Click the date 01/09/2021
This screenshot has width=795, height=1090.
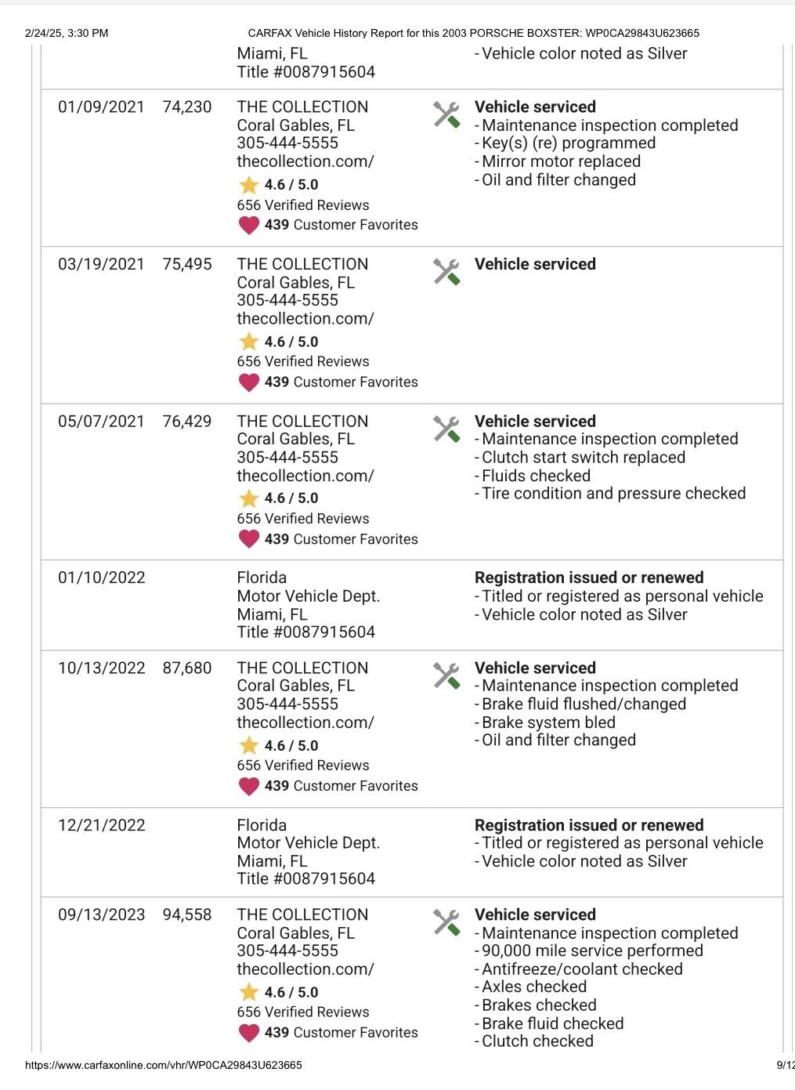[x=101, y=107]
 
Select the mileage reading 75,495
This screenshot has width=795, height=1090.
[x=187, y=264]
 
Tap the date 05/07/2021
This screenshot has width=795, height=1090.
[x=101, y=422]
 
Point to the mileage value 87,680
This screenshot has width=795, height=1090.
[x=187, y=668]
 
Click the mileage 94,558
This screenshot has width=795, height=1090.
[x=187, y=915]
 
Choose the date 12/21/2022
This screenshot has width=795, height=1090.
[x=102, y=825]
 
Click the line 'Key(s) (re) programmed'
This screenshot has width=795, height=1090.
[x=569, y=143]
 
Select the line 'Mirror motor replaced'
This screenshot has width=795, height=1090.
[x=561, y=161]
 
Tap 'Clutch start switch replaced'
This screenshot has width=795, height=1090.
[x=584, y=458]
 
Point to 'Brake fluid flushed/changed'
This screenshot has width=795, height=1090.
[x=584, y=704]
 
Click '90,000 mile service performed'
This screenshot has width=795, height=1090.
[x=592, y=951]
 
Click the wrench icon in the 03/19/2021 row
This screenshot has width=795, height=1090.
[x=446, y=272]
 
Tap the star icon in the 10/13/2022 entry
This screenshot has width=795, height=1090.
[x=249, y=745]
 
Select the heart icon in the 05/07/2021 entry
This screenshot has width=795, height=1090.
[x=249, y=539]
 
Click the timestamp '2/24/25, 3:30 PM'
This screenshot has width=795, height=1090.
[x=67, y=33]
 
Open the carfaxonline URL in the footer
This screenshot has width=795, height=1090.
[x=164, y=1065]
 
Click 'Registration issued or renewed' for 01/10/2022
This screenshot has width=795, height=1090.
[x=589, y=578]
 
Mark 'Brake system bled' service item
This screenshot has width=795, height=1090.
[x=548, y=722]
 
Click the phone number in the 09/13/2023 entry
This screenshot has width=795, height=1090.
[x=287, y=951]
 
